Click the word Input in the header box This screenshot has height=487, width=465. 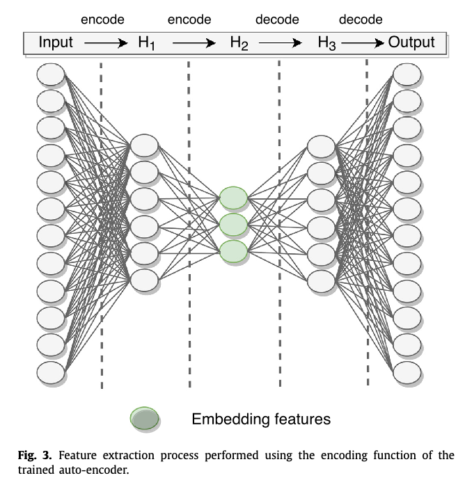pyautogui.click(x=56, y=42)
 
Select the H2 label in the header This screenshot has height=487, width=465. pyautogui.click(x=239, y=43)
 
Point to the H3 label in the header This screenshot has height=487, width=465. pyautogui.click(x=327, y=43)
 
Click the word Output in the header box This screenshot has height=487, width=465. pyautogui.click(x=411, y=42)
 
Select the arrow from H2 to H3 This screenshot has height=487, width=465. pyautogui.click(x=279, y=43)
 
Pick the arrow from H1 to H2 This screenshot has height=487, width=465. pyautogui.click(x=194, y=43)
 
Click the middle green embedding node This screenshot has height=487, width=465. pyautogui.click(x=233, y=225)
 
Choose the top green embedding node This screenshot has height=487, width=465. pyautogui.click(x=233, y=198)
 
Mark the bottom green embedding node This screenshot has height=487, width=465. pyautogui.click(x=233, y=251)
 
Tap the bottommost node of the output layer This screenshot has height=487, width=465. pyautogui.click(x=407, y=372)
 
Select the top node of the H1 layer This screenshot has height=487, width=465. pyautogui.click(x=144, y=146)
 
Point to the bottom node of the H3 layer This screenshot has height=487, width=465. pyautogui.click(x=321, y=280)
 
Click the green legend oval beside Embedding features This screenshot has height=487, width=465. pyautogui.click(x=145, y=419)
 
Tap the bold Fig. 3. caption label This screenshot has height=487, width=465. pyautogui.click(x=35, y=456)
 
